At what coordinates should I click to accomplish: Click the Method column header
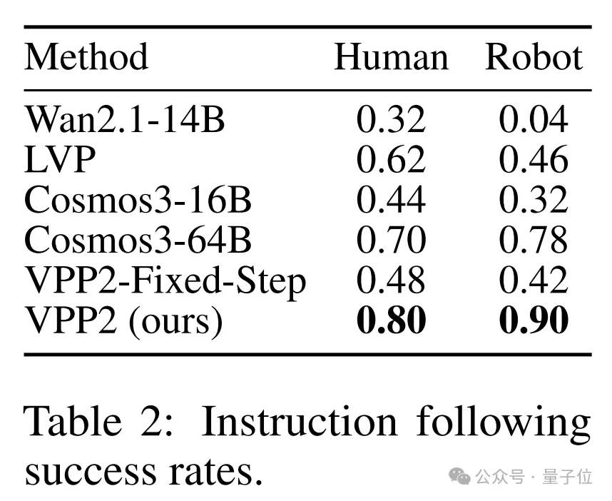pyautogui.click(x=86, y=57)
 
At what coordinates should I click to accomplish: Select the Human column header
pyautogui.click(x=392, y=57)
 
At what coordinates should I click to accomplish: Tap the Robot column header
pyautogui.click(x=534, y=57)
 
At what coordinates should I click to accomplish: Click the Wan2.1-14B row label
pyautogui.click(x=125, y=119)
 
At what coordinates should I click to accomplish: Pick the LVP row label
pyautogui.click(x=60, y=159)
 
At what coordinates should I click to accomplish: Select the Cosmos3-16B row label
pyautogui.click(x=138, y=200)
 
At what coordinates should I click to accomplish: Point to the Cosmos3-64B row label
pyautogui.click(x=138, y=240)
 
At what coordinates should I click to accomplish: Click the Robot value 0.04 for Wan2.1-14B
pyautogui.click(x=534, y=119)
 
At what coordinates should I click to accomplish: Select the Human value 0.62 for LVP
pyautogui.click(x=391, y=159)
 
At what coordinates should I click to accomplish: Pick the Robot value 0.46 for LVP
pyautogui.click(x=534, y=159)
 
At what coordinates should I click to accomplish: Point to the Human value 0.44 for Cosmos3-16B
pyautogui.click(x=391, y=200)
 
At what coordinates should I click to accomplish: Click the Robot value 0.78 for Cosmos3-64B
pyautogui.click(x=534, y=240)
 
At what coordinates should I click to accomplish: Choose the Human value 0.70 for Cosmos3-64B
pyautogui.click(x=391, y=240)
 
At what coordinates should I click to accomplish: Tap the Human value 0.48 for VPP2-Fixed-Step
pyautogui.click(x=391, y=280)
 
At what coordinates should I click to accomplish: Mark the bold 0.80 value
pyautogui.click(x=391, y=320)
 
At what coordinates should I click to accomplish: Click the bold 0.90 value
pyautogui.click(x=534, y=320)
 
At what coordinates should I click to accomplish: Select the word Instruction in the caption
pyautogui.click(x=300, y=421)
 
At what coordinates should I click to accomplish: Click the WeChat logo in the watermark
pyautogui.click(x=460, y=476)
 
